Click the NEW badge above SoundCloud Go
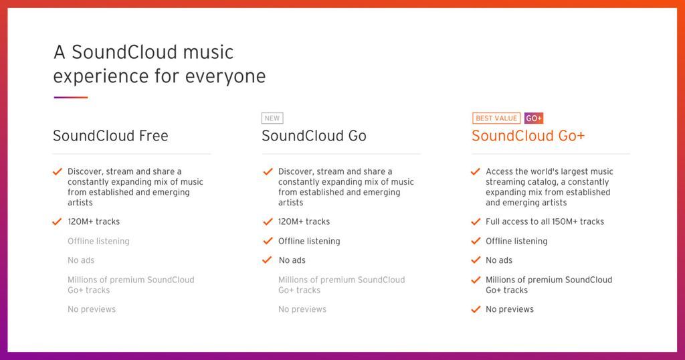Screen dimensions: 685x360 272,118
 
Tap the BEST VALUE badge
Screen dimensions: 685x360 496,118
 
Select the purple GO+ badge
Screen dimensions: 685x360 534,118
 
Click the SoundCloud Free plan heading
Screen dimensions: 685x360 110,136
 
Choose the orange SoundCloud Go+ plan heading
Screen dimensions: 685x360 528,136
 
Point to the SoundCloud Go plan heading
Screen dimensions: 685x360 314,136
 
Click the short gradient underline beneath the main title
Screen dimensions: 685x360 71,98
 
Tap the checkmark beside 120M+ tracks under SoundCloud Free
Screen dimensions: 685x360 57,222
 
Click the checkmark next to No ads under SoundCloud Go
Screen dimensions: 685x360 268,260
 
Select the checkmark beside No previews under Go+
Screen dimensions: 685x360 476,309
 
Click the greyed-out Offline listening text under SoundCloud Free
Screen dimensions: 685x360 98,241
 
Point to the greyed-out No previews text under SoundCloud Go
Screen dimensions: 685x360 302,309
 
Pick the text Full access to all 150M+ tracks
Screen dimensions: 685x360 545,221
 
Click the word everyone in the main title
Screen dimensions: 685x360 225,76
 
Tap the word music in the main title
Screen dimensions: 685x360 209,52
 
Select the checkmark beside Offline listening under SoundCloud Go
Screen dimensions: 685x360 268,241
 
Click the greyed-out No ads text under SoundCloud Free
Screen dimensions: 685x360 81,260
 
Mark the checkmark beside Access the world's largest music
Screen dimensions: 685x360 476,172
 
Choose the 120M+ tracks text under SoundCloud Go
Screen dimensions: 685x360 304,221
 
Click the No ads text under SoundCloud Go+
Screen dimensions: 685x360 499,260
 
